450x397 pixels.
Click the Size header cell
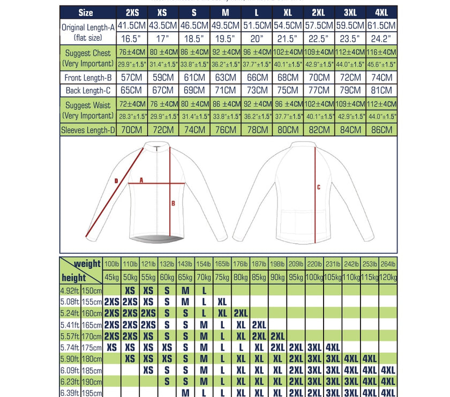[86, 12]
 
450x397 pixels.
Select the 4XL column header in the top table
[382, 12]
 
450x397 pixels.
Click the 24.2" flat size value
[382, 39]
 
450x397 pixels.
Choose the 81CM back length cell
[382, 90]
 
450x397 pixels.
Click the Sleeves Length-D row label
[87, 129]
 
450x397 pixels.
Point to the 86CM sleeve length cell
[382, 129]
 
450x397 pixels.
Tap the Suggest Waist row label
[87, 110]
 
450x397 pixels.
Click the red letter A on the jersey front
[141, 181]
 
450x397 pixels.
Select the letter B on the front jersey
[173, 203]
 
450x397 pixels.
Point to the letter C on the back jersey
[318, 187]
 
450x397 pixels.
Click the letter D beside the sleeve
[116, 181]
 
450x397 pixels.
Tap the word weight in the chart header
[87, 263]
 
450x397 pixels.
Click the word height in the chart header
[73, 278]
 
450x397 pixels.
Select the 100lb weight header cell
[112, 264]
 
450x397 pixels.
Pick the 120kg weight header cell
[388, 277]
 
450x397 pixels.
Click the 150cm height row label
[92, 290]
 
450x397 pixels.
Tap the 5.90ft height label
[70, 358]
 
